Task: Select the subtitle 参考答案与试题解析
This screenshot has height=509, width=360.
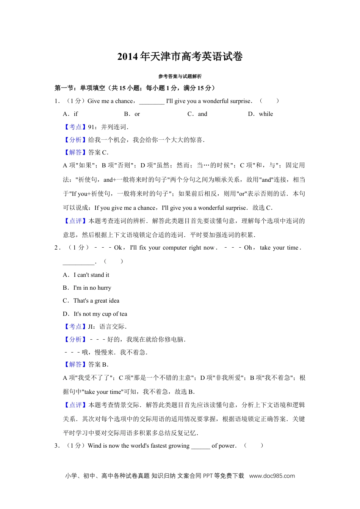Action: [180, 77]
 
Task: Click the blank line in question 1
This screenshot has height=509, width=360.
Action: [152, 102]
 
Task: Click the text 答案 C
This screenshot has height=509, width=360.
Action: [98, 153]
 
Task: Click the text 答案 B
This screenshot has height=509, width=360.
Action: [98, 365]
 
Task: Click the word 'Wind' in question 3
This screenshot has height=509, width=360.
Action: [94, 446]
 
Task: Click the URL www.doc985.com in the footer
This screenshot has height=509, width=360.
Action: [272, 476]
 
